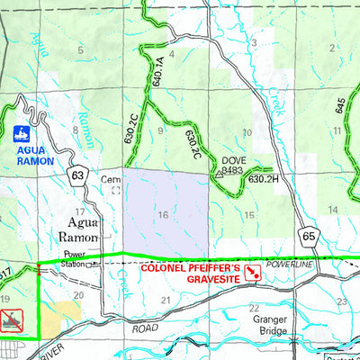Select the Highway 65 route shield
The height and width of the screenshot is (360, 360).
(x=310, y=236)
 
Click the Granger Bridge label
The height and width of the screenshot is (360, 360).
(x=266, y=325)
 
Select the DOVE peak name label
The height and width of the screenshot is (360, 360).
(x=234, y=161)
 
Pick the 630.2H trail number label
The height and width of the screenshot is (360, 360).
(x=261, y=179)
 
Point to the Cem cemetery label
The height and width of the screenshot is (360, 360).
(x=112, y=179)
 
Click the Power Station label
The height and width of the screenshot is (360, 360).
(x=75, y=258)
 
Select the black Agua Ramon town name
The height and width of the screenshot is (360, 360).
(x=84, y=228)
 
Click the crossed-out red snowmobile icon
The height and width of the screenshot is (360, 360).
(x=12, y=320)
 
